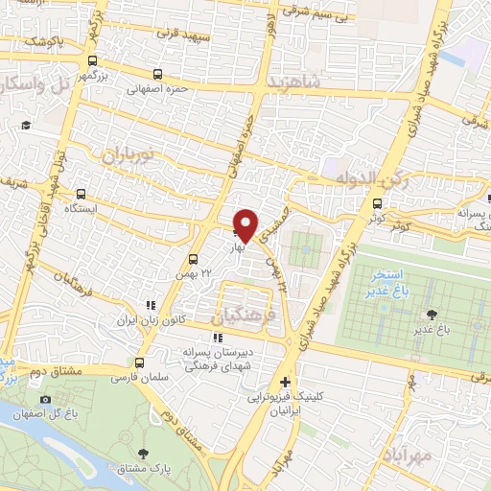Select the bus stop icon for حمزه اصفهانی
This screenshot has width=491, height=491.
[x=157, y=74]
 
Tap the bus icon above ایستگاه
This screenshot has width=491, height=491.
[x=82, y=192]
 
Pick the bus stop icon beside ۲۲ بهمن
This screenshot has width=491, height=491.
[x=194, y=259]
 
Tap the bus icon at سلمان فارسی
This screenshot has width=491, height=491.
[x=141, y=363]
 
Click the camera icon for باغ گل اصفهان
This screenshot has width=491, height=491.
[x=45, y=399]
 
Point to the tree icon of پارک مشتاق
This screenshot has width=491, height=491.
[x=145, y=454]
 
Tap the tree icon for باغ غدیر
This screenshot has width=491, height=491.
[x=431, y=314]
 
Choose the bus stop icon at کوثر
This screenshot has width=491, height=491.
[x=377, y=204]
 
